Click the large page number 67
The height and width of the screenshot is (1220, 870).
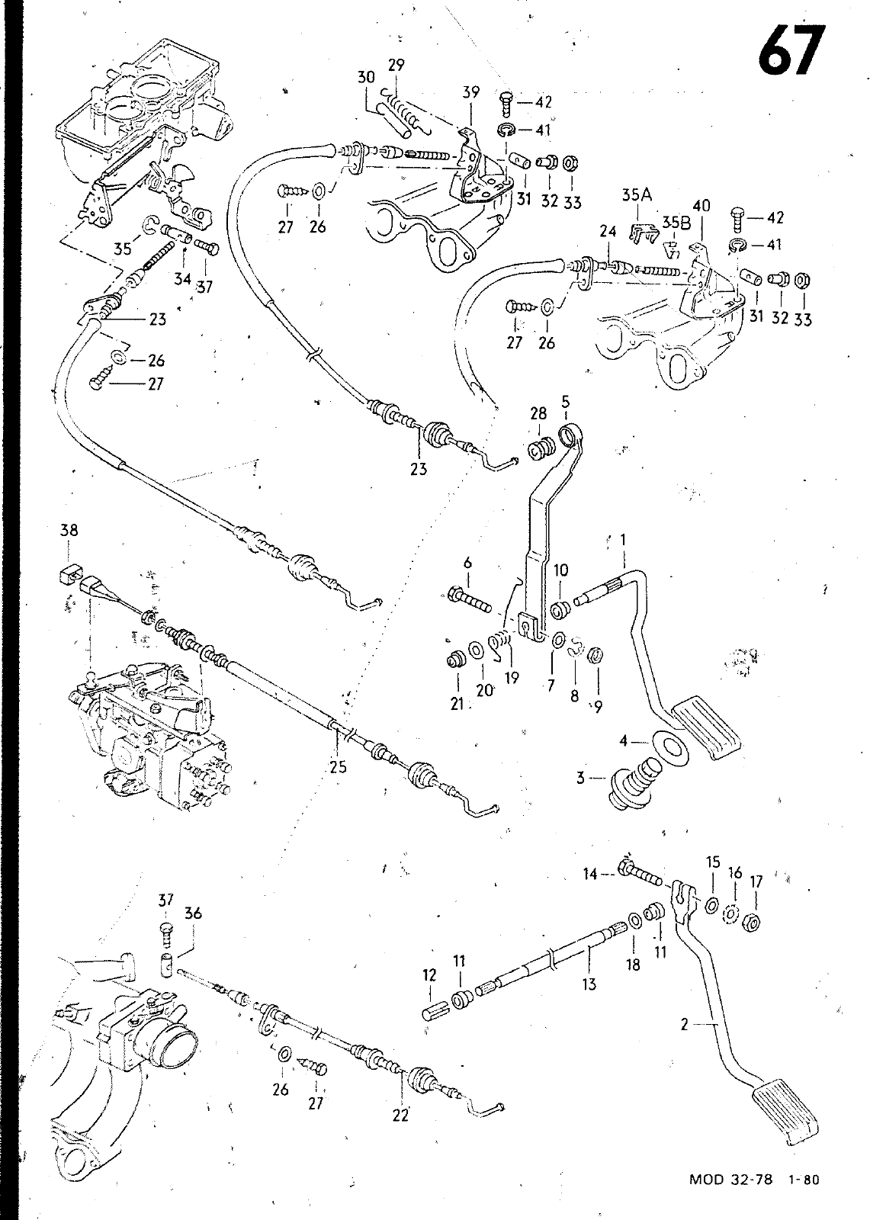pyautogui.click(x=791, y=51)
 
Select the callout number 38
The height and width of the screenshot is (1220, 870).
pyautogui.click(x=68, y=530)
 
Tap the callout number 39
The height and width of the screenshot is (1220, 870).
pyautogui.click(x=470, y=92)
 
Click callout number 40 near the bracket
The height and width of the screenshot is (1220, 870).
pyautogui.click(x=701, y=205)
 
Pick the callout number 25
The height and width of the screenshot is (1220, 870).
pyautogui.click(x=339, y=767)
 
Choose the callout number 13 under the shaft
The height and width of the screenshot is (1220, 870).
pyautogui.click(x=589, y=984)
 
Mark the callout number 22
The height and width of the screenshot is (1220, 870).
pyautogui.click(x=400, y=1115)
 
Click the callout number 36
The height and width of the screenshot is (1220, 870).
pyautogui.click(x=193, y=913)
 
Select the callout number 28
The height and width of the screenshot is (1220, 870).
pyautogui.click(x=538, y=413)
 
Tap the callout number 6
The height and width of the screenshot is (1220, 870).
pyautogui.click(x=467, y=563)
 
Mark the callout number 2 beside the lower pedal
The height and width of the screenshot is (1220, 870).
pyautogui.click(x=684, y=1025)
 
